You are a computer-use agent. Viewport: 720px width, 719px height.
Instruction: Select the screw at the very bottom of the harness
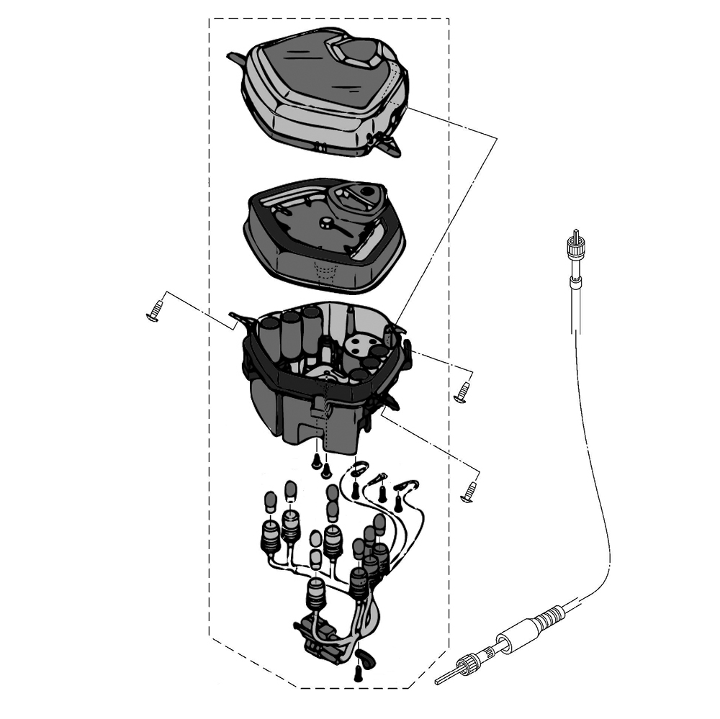[x=358, y=674]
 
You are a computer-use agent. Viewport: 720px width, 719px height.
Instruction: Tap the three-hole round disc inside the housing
[x=358, y=344]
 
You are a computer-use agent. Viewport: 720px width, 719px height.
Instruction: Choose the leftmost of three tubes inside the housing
[x=270, y=338]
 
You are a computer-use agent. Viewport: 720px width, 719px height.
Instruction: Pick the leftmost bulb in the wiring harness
[x=271, y=500]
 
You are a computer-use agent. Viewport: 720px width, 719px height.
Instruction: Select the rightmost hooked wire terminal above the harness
[x=412, y=487]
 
